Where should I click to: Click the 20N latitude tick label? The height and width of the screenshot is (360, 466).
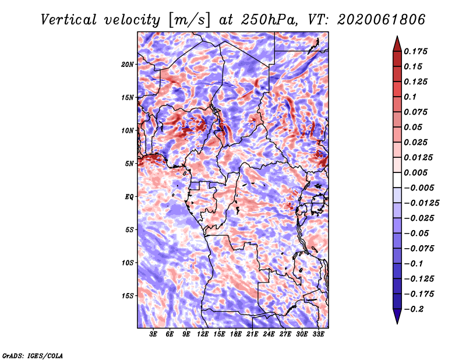point(128,65)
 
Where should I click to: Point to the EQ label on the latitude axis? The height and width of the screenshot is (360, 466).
point(129,197)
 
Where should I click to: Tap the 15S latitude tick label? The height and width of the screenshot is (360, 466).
point(128,296)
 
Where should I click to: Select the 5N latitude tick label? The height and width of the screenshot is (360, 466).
point(129,164)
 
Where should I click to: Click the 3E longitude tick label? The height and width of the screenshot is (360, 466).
point(153,334)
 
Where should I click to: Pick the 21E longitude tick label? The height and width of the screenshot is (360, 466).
point(252,334)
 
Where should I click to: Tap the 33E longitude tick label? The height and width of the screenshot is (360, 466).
point(318,334)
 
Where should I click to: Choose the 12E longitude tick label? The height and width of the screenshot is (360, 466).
point(203,334)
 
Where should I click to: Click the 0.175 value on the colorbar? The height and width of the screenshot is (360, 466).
point(415,51)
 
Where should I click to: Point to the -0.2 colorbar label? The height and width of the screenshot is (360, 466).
point(414,309)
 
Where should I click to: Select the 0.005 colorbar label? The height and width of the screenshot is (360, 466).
point(415,172)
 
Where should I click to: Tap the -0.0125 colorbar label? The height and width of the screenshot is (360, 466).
point(421,203)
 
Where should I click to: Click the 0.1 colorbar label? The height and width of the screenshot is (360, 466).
point(410,97)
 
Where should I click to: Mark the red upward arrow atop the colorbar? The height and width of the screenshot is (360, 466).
point(397,44)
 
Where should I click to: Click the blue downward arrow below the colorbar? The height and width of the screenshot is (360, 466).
point(397,316)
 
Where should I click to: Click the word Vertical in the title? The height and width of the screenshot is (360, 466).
point(68,20)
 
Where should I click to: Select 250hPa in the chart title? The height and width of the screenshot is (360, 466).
point(269,20)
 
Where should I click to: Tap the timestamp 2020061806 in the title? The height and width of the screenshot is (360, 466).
point(382,20)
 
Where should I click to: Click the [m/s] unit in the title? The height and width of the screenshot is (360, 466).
point(189,20)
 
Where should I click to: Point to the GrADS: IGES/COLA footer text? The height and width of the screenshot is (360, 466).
point(33,355)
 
